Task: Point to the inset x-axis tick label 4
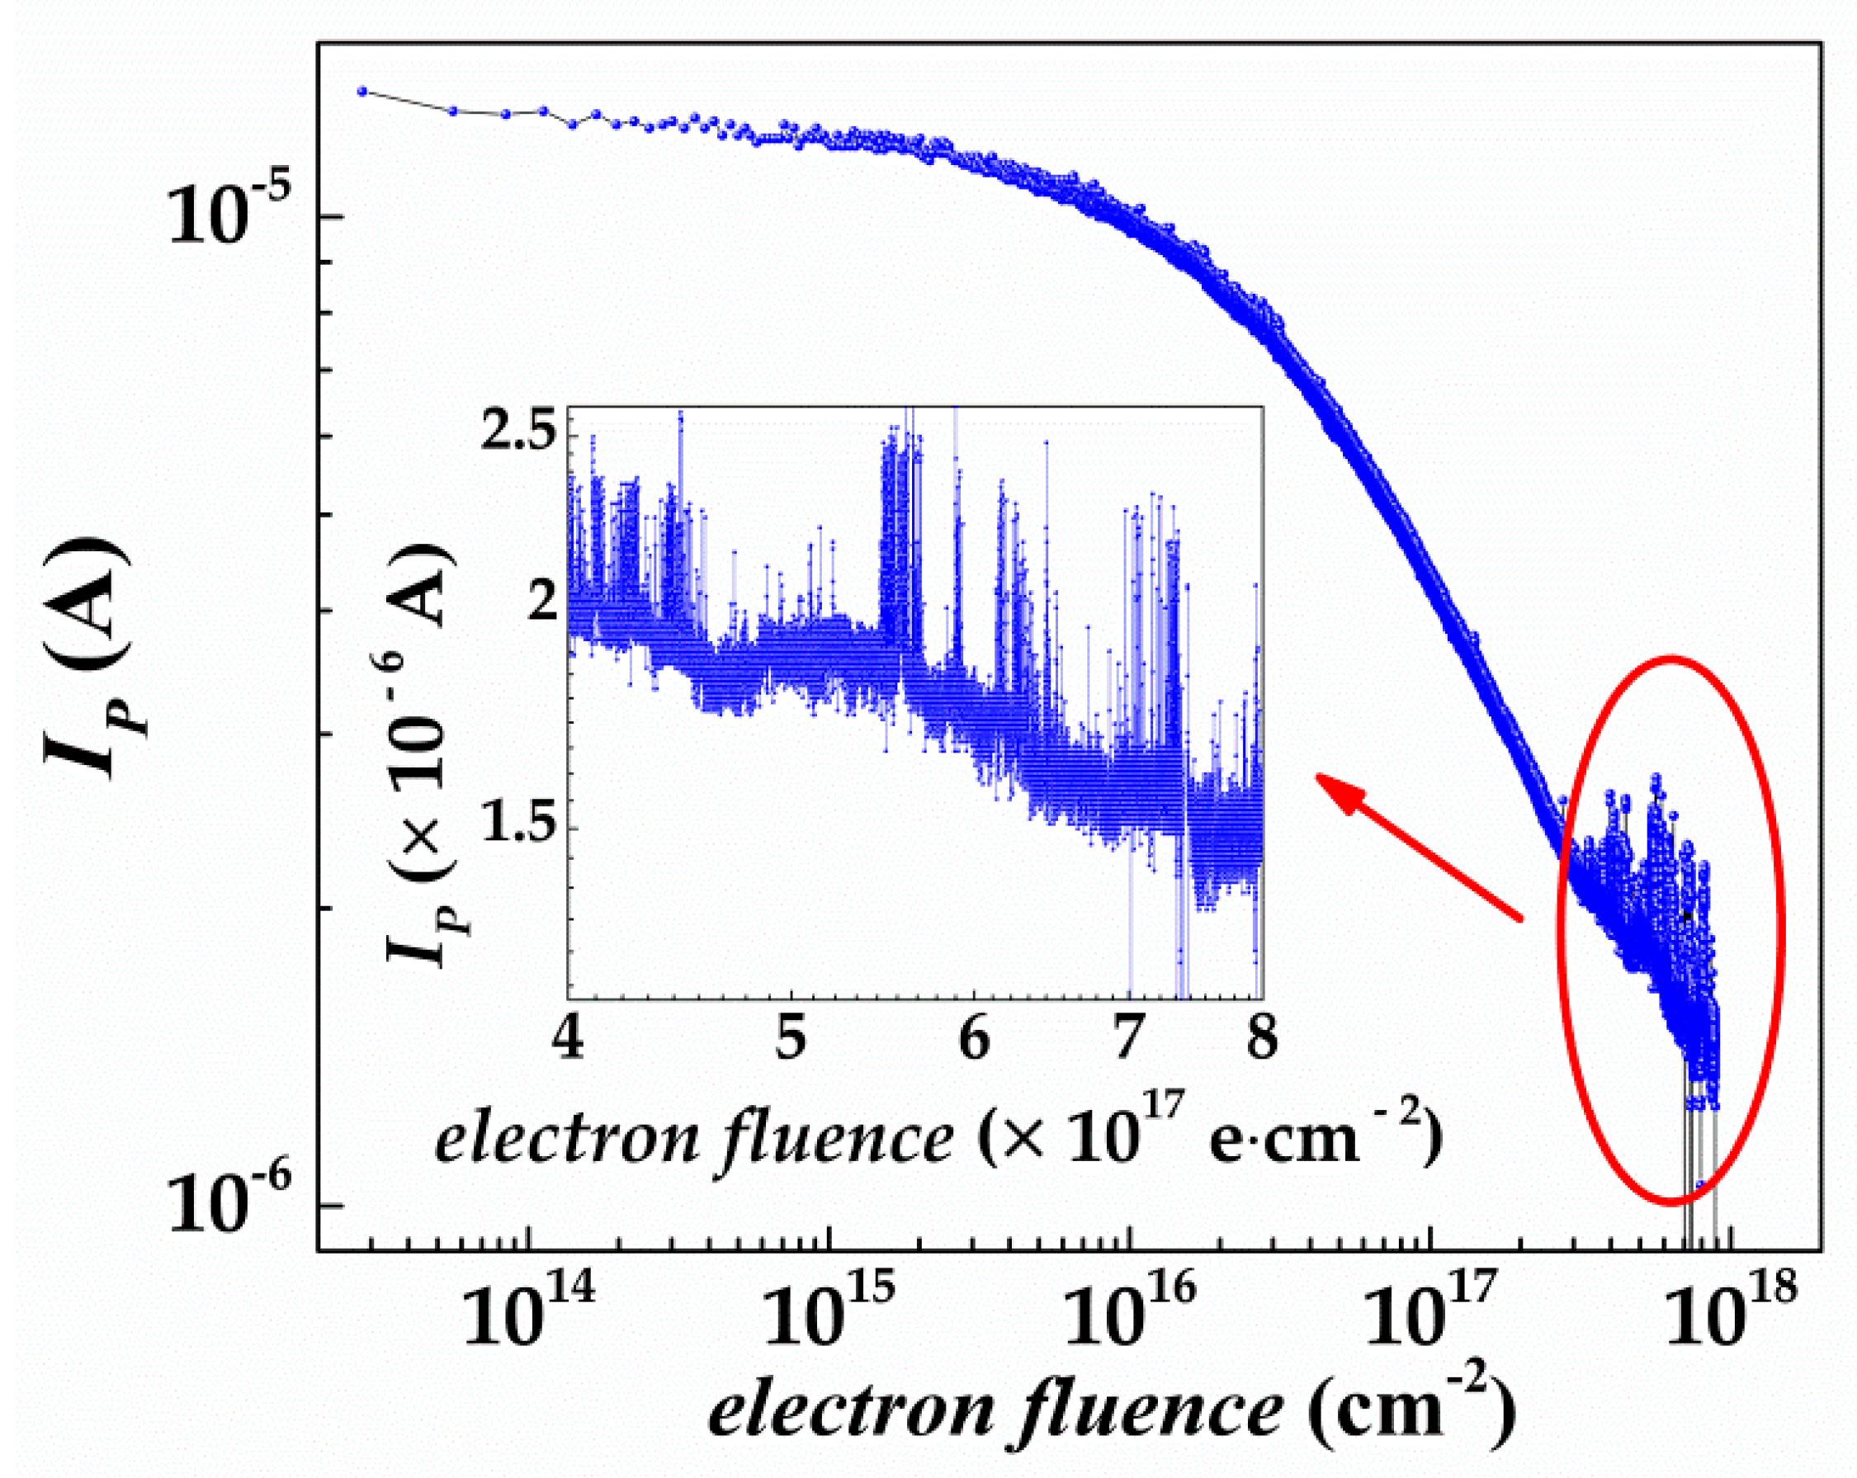click(569, 1041)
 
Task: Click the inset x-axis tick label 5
click(791, 1041)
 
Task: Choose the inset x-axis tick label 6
click(974, 1041)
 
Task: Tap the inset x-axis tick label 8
click(1262, 1041)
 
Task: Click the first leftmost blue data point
click(362, 91)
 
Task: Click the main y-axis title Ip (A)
click(86, 659)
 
